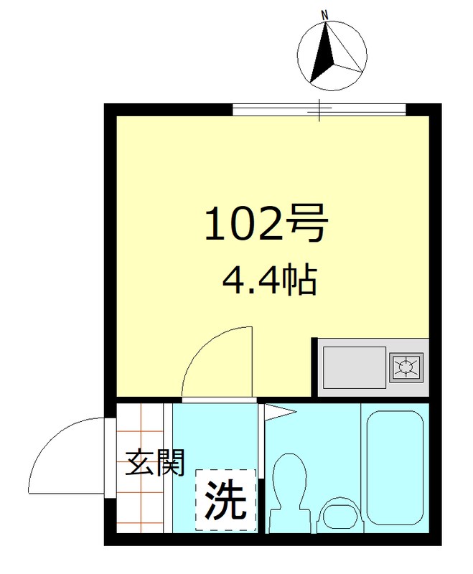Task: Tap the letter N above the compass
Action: (324, 15)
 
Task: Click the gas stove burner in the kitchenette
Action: (407, 367)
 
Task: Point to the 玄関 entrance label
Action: (156, 464)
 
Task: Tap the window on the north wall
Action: (319, 110)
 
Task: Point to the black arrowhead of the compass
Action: (323, 50)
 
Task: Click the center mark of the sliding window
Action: (320, 110)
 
